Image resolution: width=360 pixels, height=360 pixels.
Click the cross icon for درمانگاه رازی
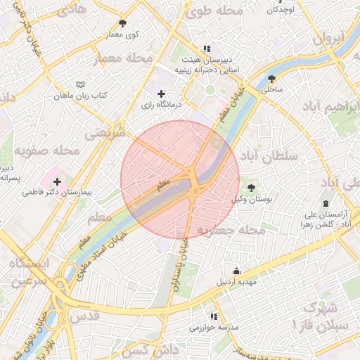click(x=161, y=94)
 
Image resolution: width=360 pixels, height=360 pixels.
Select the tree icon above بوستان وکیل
click(x=252, y=188)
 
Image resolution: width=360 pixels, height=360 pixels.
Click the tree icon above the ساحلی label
click(x=271, y=79)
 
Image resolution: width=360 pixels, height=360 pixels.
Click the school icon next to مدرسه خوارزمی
click(x=214, y=317)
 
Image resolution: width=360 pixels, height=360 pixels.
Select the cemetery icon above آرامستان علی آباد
click(x=325, y=203)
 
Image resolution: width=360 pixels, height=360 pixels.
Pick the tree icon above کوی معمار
click(x=122, y=24)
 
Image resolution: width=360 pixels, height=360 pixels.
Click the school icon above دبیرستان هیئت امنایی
click(x=206, y=49)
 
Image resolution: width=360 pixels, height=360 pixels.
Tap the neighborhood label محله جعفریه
click(x=231, y=230)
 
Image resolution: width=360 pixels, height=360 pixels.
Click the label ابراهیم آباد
click(x=330, y=106)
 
